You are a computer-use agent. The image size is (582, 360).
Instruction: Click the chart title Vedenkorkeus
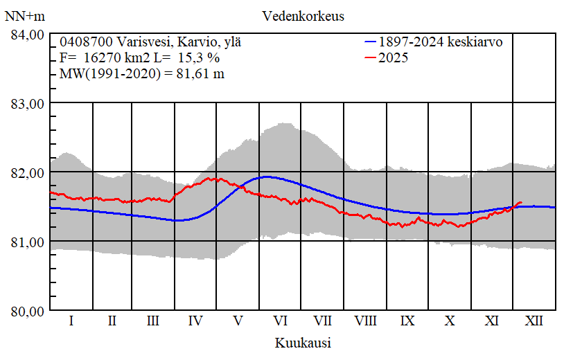303,15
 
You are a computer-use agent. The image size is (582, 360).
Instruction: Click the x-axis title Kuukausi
303,343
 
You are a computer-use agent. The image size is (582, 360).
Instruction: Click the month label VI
281,321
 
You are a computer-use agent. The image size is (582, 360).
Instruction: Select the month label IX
407,321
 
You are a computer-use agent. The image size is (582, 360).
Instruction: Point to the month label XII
534,321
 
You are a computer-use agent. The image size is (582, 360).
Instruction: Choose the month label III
153,321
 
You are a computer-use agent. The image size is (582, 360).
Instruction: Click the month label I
71,321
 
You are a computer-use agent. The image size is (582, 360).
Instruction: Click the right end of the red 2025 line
521,203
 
